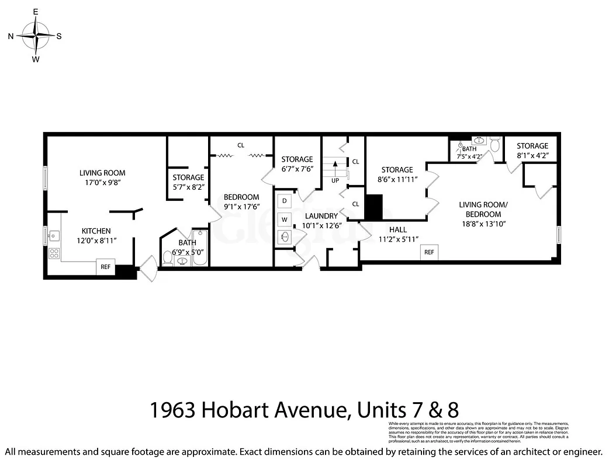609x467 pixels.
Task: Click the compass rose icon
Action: (x=36, y=36)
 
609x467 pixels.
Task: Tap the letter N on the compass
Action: (x=11, y=36)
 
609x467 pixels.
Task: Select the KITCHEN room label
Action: (x=96, y=231)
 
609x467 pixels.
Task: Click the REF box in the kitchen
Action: (x=106, y=267)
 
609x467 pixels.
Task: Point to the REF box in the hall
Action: (x=429, y=252)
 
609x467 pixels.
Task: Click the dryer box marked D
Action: (x=285, y=201)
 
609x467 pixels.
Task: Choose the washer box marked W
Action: (x=285, y=219)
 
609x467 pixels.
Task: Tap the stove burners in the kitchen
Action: (x=54, y=253)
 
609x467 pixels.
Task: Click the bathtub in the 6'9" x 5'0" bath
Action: (x=199, y=256)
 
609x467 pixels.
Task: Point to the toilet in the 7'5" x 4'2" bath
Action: (x=495, y=144)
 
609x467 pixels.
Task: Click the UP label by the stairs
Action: (x=335, y=180)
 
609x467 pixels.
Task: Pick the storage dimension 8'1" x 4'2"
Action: (x=532, y=156)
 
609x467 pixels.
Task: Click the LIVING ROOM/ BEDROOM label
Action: (x=483, y=209)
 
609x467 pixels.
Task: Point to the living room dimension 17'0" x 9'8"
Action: (x=102, y=183)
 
